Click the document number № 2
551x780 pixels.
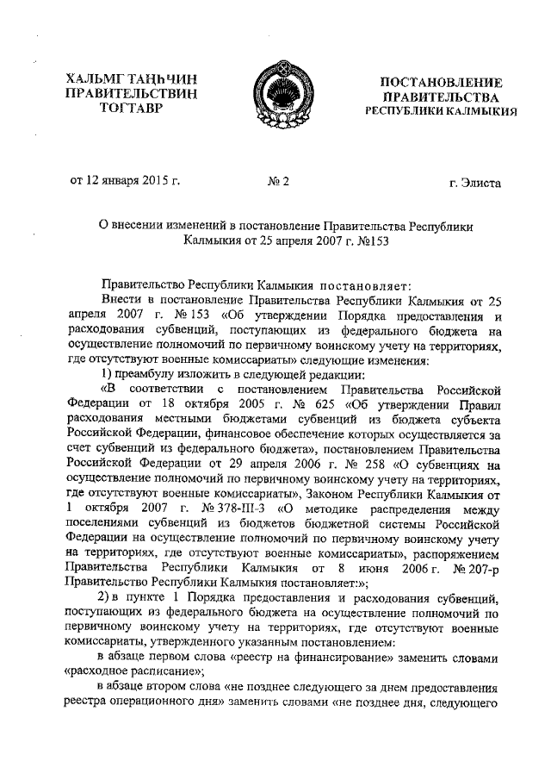[279, 181]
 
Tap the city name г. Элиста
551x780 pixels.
[474, 182]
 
